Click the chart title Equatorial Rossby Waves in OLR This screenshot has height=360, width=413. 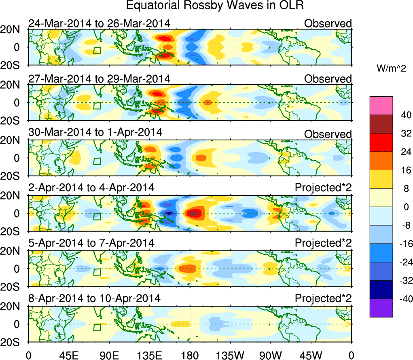(x=214, y=6)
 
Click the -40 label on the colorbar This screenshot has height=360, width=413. (x=403, y=299)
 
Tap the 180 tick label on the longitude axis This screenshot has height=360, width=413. (x=190, y=355)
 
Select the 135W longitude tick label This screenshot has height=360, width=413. (x=230, y=355)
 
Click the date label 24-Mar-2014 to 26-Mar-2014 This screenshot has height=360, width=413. (x=99, y=23)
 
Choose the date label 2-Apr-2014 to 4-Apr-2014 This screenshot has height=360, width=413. (x=91, y=188)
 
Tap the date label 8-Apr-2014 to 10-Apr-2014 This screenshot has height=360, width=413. (x=94, y=299)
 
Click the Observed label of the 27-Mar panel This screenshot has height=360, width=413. (x=328, y=79)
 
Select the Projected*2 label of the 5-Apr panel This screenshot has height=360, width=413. (x=323, y=243)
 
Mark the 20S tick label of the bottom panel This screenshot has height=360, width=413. (x=13, y=342)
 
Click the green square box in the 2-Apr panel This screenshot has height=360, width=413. (x=96, y=216)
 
